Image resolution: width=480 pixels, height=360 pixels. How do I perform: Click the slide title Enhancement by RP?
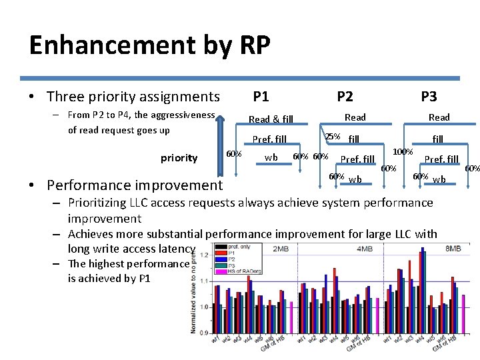[x=149, y=45]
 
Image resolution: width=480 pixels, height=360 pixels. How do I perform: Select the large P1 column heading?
[x=261, y=97]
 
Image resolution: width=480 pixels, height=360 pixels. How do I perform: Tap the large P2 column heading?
[x=345, y=97]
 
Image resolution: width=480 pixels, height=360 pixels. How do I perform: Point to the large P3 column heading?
[x=429, y=97]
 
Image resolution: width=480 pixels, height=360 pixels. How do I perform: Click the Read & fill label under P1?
[x=271, y=119]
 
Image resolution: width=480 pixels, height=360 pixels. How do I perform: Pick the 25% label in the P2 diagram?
[x=332, y=137]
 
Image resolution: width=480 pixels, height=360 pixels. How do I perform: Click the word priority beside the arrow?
[x=179, y=158]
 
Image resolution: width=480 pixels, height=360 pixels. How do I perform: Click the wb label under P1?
[x=271, y=157]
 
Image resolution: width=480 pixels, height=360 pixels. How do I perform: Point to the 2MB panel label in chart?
[x=280, y=249]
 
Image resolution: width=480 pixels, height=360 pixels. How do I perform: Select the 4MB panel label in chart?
[x=365, y=249]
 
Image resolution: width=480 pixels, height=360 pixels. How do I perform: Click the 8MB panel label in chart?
[x=453, y=249]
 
